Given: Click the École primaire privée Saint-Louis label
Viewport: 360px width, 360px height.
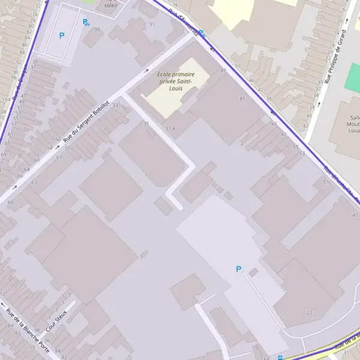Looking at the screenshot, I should [176, 81].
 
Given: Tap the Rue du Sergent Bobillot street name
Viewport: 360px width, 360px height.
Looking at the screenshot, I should [87, 125].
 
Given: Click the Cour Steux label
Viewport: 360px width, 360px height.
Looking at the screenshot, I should [56, 321].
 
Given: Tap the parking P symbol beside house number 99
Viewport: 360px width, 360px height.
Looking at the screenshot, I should [61, 35].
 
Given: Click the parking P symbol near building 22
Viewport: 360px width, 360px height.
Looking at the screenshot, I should [238, 269].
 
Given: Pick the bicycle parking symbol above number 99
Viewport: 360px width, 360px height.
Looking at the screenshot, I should [86, 22].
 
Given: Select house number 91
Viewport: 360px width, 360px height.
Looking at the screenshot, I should [152, 24].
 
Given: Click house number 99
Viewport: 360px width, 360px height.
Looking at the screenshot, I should [97, 29].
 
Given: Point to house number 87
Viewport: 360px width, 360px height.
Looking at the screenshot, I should [224, 71].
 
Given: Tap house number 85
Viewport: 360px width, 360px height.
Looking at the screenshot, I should [242, 98].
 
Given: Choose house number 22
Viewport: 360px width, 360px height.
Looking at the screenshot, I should [310, 313].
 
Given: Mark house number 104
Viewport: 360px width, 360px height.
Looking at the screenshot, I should [5, 98].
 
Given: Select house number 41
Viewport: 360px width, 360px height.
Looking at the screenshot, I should [355, 215].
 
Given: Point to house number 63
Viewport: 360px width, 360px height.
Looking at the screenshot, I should [34, 182].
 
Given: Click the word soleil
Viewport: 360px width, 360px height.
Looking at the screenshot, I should [110, 5].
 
